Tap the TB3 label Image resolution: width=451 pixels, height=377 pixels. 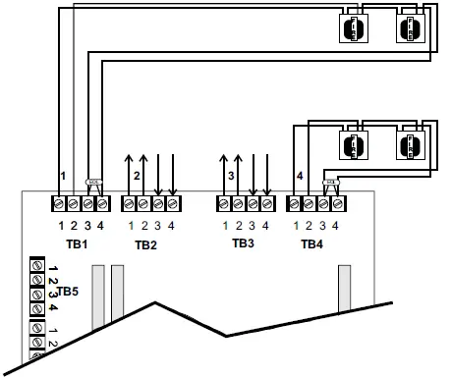coord(244,242)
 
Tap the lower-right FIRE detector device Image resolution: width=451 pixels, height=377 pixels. coord(409,148)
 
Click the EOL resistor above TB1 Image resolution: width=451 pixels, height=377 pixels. coord(94,182)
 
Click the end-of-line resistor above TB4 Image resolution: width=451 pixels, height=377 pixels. coord(331,182)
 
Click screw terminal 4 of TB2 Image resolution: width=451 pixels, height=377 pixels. coord(173,203)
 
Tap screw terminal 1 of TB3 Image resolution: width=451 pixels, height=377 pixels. coord(224,203)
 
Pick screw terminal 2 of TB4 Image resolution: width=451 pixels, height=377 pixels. coord(309,203)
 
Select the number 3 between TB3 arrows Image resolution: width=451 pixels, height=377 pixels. coord(231,177)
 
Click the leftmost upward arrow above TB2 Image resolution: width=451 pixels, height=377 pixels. coord(129,172)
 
